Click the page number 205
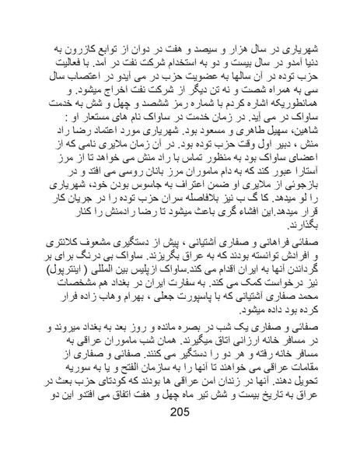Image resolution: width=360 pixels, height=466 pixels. [x=180, y=433]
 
